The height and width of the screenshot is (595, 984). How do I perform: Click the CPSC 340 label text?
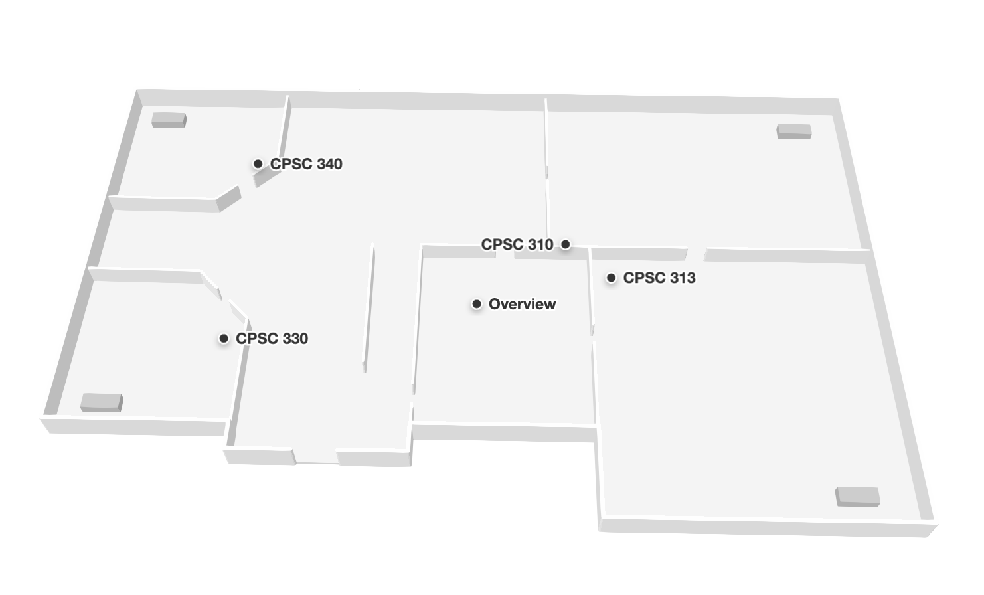tap(306, 164)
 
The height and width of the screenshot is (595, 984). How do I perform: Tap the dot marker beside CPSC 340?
tap(258, 163)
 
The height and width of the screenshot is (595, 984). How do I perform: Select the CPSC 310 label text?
tap(517, 244)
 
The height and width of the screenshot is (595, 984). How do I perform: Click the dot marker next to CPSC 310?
tap(565, 244)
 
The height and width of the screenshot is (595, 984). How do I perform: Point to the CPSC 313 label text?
tap(659, 278)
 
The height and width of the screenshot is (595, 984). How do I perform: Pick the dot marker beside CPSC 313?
tap(611, 278)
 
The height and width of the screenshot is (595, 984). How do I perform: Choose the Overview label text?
tap(522, 304)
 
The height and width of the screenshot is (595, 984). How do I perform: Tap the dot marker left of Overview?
tap(476, 304)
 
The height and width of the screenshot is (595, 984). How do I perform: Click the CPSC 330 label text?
tap(272, 339)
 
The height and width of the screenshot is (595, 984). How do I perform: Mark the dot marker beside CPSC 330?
tap(224, 339)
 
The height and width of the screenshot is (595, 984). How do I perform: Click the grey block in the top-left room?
tap(169, 120)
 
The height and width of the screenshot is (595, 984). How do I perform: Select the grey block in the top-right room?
tap(794, 131)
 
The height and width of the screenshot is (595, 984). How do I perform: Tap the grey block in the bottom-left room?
tap(102, 402)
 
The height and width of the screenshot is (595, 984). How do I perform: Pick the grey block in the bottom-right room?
tap(857, 497)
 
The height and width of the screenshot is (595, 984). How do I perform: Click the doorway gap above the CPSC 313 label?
tap(696, 254)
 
